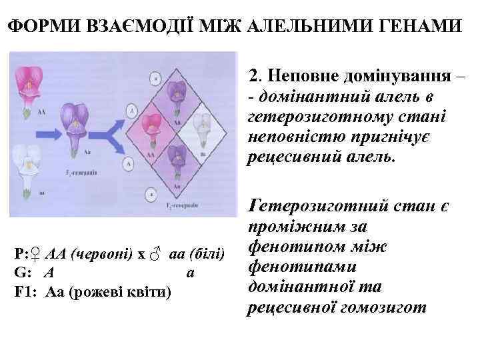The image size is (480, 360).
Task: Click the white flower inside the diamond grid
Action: tap(201, 123)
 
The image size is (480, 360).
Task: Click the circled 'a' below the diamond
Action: tap(155, 193)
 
